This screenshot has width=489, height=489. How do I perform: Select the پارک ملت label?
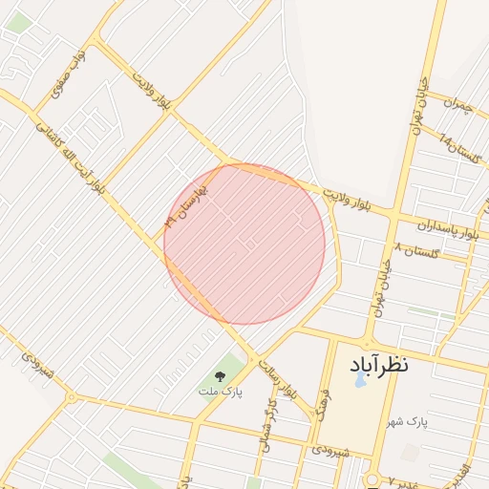221,392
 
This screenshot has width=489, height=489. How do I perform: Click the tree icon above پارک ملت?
221,375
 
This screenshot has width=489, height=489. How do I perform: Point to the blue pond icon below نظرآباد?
360,379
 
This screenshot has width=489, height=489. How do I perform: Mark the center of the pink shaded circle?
244,244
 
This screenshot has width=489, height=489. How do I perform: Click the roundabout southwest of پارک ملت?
71,396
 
